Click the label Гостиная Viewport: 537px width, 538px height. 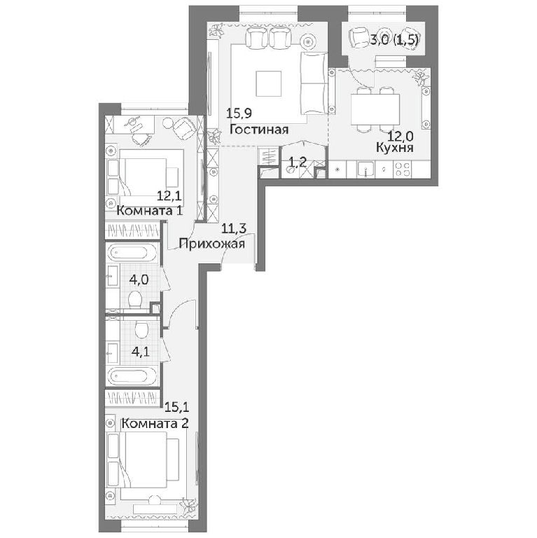coord(259,130)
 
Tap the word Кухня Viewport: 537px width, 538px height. coord(394,148)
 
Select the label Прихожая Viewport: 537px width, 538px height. coord(212,244)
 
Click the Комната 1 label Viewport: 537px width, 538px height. coord(150,210)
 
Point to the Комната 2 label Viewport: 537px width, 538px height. coord(155,423)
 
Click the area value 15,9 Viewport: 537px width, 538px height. coord(237,113)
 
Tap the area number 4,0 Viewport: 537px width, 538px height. coord(139,280)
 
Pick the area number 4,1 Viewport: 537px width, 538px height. coord(140,352)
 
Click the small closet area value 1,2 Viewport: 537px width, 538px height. coord(297,162)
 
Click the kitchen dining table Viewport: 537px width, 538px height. coord(375,109)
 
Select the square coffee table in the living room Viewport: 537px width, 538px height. coord(269,84)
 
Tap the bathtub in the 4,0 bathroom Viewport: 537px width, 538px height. coord(132,254)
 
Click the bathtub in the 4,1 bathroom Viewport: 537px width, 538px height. coord(132,376)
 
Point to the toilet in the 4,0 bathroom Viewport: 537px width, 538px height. coord(134,299)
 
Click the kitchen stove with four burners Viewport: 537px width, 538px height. coord(403,169)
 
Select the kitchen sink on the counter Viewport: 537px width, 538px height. coord(366,169)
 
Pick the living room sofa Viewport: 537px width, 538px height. coord(314,83)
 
